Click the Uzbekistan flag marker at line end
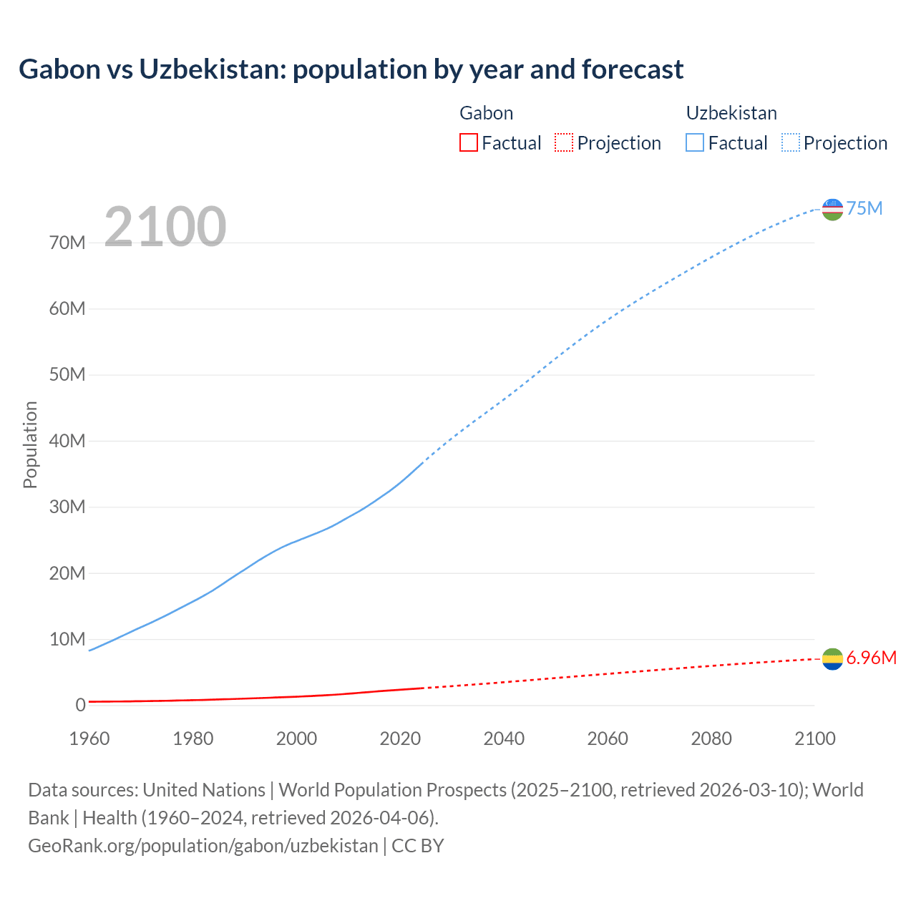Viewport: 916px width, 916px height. click(832, 209)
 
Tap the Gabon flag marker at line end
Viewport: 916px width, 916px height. click(832, 659)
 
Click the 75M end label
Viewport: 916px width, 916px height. click(864, 208)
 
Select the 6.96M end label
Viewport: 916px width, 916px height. click(871, 658)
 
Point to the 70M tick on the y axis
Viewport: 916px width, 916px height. click(67, 243)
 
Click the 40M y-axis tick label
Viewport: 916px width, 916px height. click(67, 441)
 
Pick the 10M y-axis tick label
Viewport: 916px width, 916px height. click(67, 639)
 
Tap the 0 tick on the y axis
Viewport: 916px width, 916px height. click(80, 705)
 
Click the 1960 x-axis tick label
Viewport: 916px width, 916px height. click(89, 739)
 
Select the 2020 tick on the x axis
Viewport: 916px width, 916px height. click(400, 739)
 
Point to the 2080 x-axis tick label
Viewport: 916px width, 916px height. click(711, 739)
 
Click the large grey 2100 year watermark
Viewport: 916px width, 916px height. click(165, 227)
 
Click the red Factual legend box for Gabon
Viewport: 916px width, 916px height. click(468, 142)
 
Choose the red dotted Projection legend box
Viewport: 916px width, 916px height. click(564, 142)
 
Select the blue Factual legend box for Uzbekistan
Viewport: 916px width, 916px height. click(694, 142)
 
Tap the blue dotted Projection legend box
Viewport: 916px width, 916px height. click(790, 142)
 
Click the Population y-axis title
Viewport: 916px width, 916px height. click(30, 444)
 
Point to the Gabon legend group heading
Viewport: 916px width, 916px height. click(486, 113)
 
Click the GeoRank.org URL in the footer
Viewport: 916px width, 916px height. click(203, 845)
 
